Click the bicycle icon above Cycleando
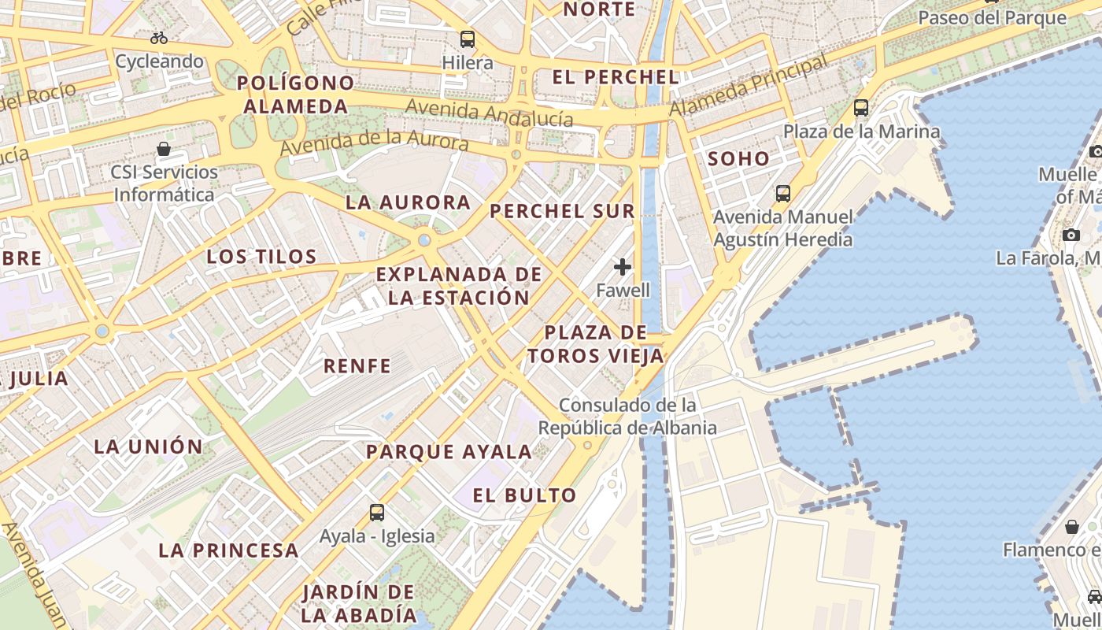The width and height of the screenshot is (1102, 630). (x=159, y=38)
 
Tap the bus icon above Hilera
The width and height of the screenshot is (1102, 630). (x=468, y=39)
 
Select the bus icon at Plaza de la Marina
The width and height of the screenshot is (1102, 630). (x=861, y=108)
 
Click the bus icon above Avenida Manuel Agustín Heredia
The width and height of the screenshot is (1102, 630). (x=782, y=193)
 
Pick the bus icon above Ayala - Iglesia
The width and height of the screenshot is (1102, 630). (x=377, y=513)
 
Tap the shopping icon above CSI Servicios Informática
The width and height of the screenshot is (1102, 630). (x=164, y=149)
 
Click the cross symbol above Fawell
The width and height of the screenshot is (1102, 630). (x=623, y=267)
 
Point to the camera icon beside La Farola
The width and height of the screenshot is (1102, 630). (x=1071, y=235)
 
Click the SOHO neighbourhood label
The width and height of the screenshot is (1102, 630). (x=738, y=158)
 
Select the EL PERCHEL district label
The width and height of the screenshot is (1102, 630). (x=616, y=77)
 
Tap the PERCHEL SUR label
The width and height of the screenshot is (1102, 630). (x=562, y=211)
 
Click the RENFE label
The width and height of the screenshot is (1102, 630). (x=357, y=365)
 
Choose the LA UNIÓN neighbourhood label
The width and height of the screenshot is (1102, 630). (x=149, y=447)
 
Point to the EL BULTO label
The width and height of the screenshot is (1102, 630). (x=525, y=495)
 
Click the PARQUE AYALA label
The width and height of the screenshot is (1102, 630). (x=449, y=452)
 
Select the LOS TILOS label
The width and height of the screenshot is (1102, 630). (x=261, y=257)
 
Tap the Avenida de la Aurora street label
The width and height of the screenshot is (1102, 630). (x=374, y=143)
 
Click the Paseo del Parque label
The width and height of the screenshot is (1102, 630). (x=992, y=17)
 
